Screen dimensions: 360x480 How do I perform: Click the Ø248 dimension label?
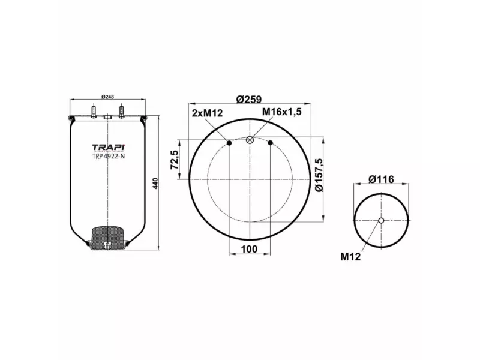coord(107,97)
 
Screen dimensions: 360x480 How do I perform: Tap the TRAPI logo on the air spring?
coord(107,147)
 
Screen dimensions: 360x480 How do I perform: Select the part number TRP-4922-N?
coord(108,157)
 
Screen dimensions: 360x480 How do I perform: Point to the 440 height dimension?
coord(155,182)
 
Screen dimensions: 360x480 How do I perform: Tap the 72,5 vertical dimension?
coord(175,160)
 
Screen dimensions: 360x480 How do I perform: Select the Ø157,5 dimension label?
coord(319,175)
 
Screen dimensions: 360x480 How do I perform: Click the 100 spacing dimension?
coord(249,249)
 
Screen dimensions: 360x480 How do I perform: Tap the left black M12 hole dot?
coord(229,142)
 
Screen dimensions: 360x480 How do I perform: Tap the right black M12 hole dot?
coord(271,142)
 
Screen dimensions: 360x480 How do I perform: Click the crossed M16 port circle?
coord(250,140)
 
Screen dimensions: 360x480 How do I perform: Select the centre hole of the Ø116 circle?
coord(381,221)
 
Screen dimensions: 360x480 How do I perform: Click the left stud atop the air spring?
coord(94,112)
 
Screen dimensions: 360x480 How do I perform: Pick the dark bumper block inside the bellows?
coord(107,236)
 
